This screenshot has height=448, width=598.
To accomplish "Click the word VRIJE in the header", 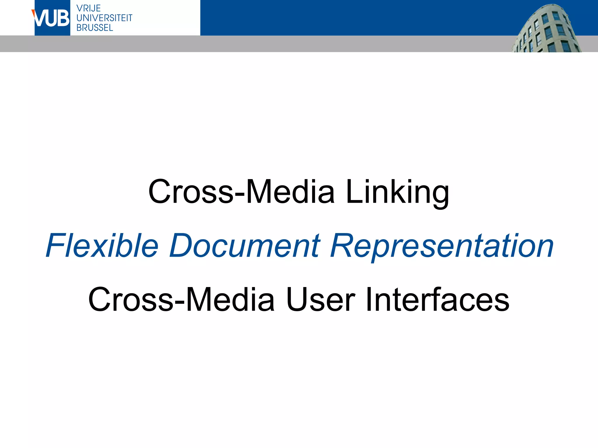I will pos(88,8).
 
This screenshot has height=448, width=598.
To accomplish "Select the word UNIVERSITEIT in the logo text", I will pos(104,18).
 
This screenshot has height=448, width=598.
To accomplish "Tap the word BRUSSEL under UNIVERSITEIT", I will pos(95,28).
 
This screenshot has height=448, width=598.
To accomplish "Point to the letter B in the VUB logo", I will pos(63,18).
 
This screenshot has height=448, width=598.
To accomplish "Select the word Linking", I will pos(397,192).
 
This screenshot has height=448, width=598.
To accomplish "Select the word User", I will pos(320,300).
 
